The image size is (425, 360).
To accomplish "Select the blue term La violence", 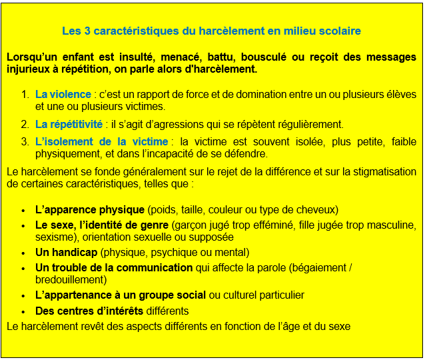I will tap(63, 94).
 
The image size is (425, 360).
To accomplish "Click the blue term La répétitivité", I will tap(69, 124).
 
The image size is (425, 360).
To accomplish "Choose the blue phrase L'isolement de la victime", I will tap(101, 141).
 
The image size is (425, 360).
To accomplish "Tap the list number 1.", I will tap(25, 94).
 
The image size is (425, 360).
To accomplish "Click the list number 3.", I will tap(25, 141).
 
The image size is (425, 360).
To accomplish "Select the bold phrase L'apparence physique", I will tap(90, 209).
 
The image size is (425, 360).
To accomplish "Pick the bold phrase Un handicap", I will tap(67, 252).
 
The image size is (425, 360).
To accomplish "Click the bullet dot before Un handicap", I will tap(24, 253).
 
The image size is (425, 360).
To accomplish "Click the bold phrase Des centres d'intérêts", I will tap(89, 311).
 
